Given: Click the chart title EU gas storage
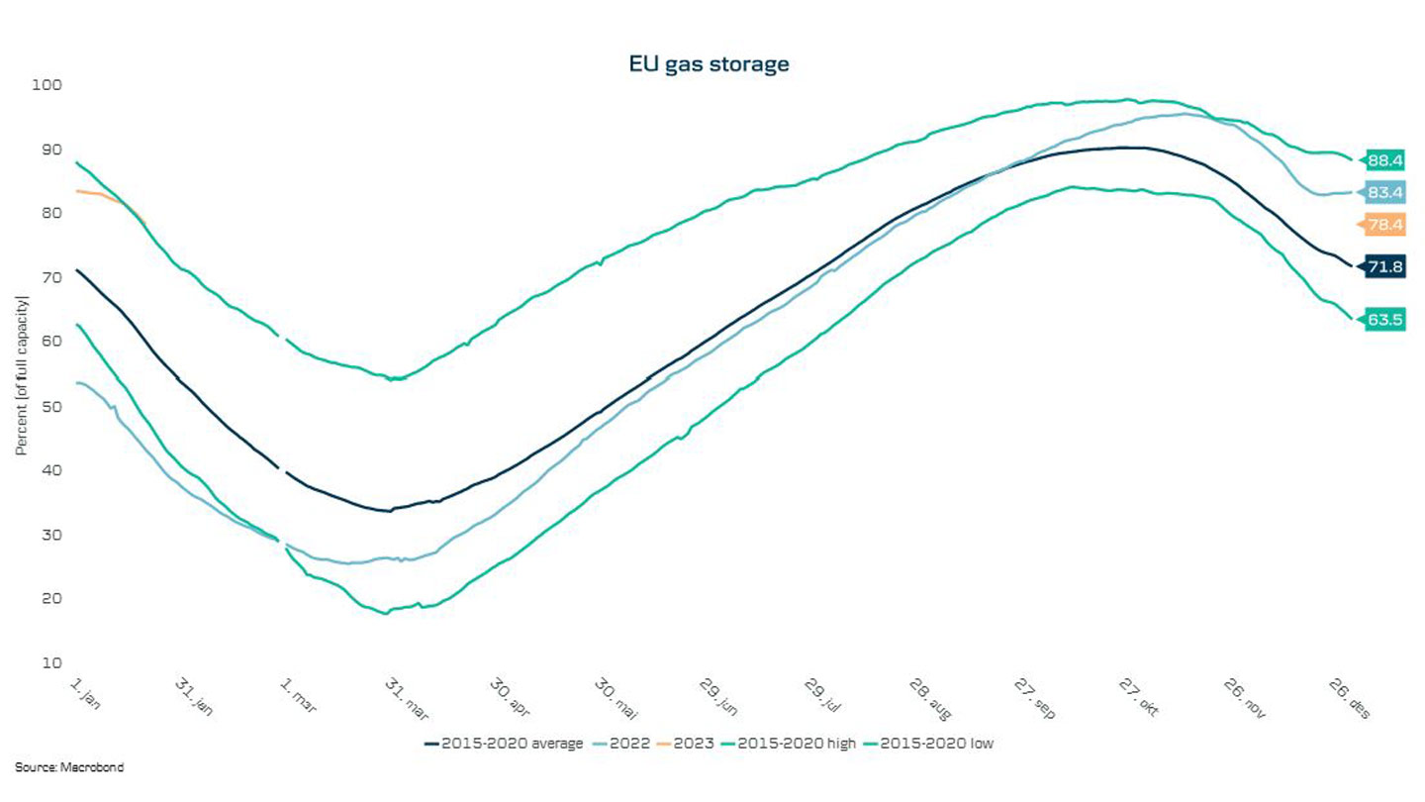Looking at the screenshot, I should [x=709, y=64].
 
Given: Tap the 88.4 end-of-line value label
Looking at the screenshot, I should [x=1385, y=159].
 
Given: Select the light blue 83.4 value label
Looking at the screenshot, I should [x=1385, y=192].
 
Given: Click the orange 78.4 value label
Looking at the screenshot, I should [x=1385, y=225].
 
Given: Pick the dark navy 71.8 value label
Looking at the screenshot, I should [x=1385, y=265].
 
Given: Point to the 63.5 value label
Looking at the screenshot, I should [x=1385, y=320].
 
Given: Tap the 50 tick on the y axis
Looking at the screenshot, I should [x=52, y=406].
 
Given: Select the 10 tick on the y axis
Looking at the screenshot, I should [x=52, y=662].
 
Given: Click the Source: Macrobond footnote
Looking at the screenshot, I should [x=69, y=767].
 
